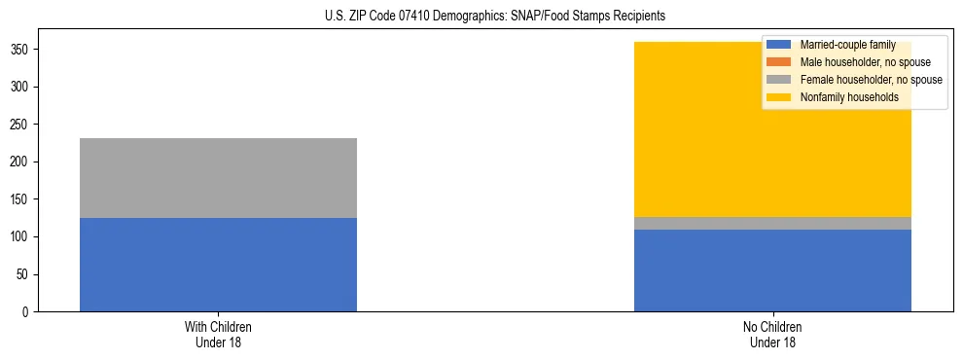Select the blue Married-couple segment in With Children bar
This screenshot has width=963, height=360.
(218, 265)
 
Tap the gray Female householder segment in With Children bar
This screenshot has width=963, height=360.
(218, 178)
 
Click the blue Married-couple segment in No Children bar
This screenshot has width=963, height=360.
(772, 270)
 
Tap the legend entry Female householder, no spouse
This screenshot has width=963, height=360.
(871, 80)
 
